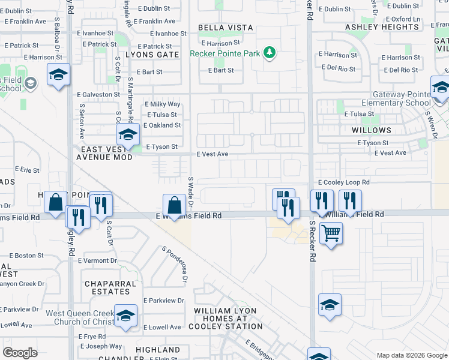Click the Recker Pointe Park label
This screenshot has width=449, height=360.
coord(225,53)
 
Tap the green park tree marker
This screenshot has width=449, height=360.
coord(270,53)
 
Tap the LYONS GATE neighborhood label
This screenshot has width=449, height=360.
coord(152,55)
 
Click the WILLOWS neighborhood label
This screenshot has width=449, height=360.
coord(372,130)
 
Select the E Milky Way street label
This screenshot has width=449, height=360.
coord(163,104)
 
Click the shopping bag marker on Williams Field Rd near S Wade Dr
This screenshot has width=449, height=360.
coord(173,204)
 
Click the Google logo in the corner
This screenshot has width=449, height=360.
coord(20,353)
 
